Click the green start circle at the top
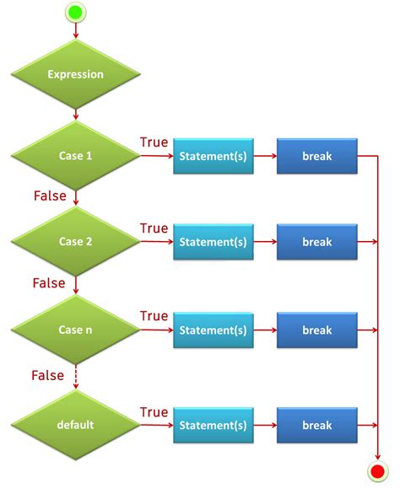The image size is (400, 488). pyautogui.click(x=76, y=12)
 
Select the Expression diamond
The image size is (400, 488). pyautogui.click(x=76, y=74)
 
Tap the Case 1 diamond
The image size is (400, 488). pyautogui.click(x=76, y=157)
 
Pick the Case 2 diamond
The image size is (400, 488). pyautogui.click(x=76, y=242)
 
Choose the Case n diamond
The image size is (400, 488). pyautogui.click(x=76, y=330)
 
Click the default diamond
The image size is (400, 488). pyautogui.click(x=76, y=425)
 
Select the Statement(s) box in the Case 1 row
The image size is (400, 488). pyautogui.click(x=214, y=157)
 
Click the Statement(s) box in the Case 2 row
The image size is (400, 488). pyautogui.click(x=214, y=242)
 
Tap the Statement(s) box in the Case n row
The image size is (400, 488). pyautogui.click(x=214, y=330)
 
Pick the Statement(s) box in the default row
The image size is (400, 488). pyautogui.click(x=214, y=425)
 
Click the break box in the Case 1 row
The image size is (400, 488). pyautogui.click(x=317, y=157)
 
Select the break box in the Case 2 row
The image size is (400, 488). pyautogui.click(x=317, y=242)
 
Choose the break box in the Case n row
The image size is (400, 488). pyautogui.click(x=317, y=330)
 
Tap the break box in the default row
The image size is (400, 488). pyautogui.click(x=317, y=425)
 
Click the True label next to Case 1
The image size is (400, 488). pyautogui.click(x=154, y=142)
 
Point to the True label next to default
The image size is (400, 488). pyautogui.click(x=154, y=412)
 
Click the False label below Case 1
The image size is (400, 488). pyautogui.click(x=50, y=196)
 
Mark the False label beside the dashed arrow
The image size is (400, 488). pyautogui.click(x=47, y=374)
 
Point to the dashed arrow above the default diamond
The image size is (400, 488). pyautogui.click(x=76, y=376)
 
